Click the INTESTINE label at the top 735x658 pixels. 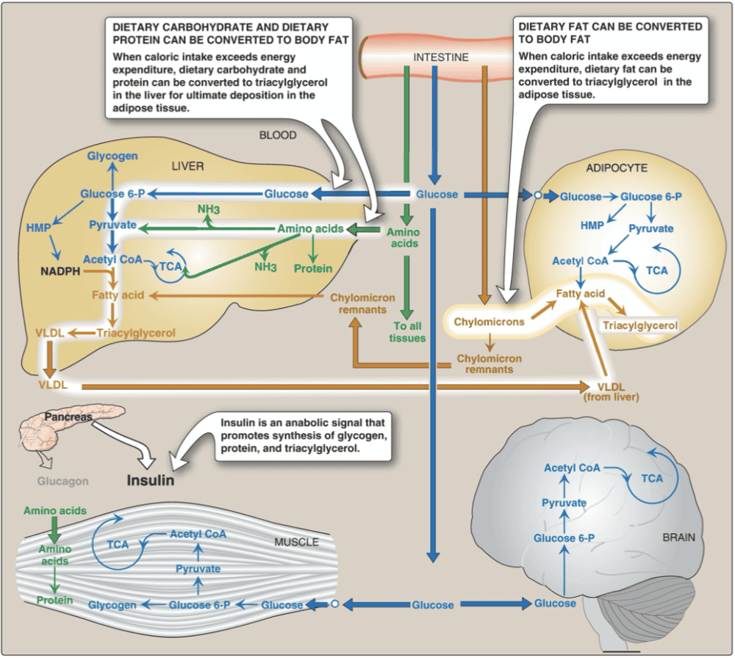point(440,57)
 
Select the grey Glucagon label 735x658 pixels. point(64,482)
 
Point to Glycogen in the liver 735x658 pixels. point(112,156)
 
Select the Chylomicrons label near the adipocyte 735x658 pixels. point(489,322)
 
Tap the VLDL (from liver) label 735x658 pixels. point(617,391)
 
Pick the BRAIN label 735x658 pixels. point(678,537)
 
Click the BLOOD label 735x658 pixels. point(278,135)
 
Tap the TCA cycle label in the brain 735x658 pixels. point(651,479)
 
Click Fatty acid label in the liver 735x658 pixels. point(118,296)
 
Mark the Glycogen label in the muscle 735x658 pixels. point(112,605)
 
